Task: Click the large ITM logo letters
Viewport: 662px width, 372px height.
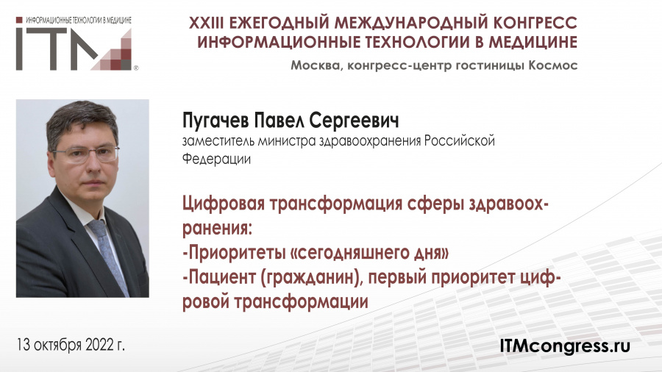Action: pyautogui.click(x=74, y=49)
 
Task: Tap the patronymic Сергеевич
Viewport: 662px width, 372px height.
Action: pyautogui.click(x=354, y=121)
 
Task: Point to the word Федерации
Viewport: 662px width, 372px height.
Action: pyautogui.click(x=216, y=160)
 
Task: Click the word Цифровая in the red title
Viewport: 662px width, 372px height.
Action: pyautogui.click(x=224, y=204)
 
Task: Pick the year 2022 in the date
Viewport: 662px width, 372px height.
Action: pyautogui.click(x=99, y=345)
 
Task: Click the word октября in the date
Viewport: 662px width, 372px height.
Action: pyautogui.click(x=57, y=346)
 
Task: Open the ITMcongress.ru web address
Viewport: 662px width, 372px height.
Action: pyautogui.click(x=565, y=346)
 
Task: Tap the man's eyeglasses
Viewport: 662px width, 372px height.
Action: pyautogui.click(x=87, y=154)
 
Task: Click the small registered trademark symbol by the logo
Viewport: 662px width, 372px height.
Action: pyautogui.click(x=135, y=68)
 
